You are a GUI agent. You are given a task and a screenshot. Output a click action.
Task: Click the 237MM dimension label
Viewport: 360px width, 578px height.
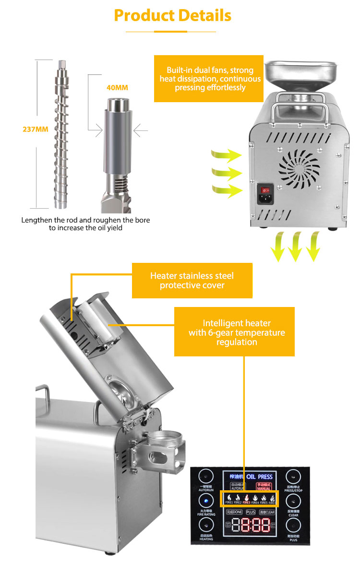click(x=36, y=129)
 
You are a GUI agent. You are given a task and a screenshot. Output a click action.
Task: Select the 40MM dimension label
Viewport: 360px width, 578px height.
click(x=117, y=88)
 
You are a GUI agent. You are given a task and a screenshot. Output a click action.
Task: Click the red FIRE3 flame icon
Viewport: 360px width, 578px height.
click(x=247, y=497)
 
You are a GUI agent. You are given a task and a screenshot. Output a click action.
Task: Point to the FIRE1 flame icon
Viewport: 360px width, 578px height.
click(x=229, y=497)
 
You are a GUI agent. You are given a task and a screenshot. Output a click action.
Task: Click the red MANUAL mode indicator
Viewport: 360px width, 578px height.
click(x=264, y=486)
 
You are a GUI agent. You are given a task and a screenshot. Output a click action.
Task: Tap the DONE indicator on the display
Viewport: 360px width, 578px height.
click(x=234, y=512)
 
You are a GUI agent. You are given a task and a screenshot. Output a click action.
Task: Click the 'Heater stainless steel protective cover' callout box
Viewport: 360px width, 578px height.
click(x=192, y=281)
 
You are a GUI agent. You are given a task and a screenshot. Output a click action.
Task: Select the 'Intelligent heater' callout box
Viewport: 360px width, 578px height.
click(x=234, y=332)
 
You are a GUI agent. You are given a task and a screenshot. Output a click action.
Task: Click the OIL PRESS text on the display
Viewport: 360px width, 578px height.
click(x=259, y=477)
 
